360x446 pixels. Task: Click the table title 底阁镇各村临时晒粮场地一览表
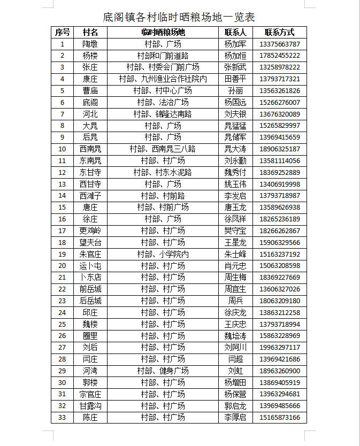pyautogui.click(x=179, y=17)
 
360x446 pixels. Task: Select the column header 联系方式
pyautogui.click(x=279, y=32)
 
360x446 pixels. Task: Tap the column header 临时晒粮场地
pyautogui.click(x=163, y=32)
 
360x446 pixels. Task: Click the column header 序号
pyautogui.click(x=63, y=32)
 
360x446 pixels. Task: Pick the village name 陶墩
pyautogui.click(x=90, y=44)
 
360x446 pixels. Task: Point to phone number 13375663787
pyautogui.click(x=279, y=44)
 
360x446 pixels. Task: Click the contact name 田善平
pyautogui.click(x=235, y=79)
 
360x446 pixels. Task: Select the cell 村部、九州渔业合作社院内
pyautogui.click(x=163, y=79)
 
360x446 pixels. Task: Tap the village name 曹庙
pyautogui.click(x=90, y=90)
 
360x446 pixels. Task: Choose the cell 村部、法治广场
pyautogui.click(x=163, y=102)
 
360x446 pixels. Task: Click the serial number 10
pyautogui.click(x=63, y=149)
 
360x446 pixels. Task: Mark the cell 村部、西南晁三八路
pyautogui.click(x=163, y=149)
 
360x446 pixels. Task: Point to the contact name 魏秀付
pyautogui.click(x=235, y=172)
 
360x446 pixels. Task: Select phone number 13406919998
pyautogui.click(x=279, y=184)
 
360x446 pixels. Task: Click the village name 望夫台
pyautogui.click(x=90, y=242)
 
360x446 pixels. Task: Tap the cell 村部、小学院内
pyautogui.click(x=163, y=254)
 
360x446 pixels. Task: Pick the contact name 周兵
pyautogui.click(x=235, y=301)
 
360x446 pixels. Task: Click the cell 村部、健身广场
pyautogui.click(x=163, y=371)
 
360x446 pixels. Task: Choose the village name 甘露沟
pyautogui.click(x=90, y=405)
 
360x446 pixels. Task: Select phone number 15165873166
pyautogui.click(x=279, y=417)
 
